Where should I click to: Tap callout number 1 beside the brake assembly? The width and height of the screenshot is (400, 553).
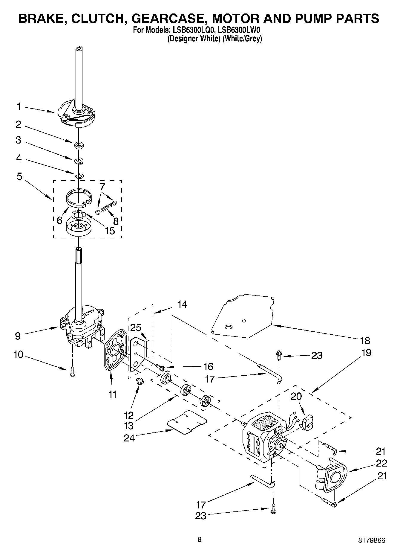19,106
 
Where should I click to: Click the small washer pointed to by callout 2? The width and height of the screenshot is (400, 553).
79,145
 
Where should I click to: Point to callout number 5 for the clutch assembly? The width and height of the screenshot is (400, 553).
19,176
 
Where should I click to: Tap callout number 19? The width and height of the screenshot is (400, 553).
366,353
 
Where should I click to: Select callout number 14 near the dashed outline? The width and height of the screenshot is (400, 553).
182,304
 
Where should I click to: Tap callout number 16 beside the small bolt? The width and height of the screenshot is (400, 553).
208,366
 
